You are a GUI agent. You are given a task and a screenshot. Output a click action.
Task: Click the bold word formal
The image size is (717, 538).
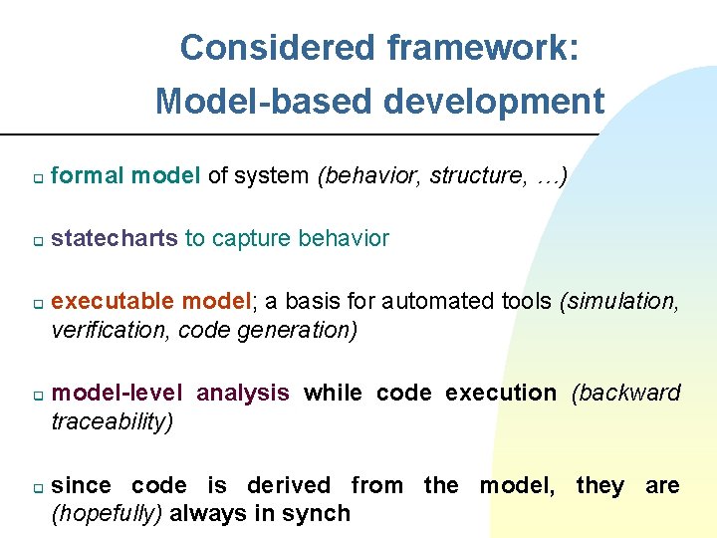coord(88,176)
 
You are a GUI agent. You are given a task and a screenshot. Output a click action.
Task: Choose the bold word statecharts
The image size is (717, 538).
coord(114,238)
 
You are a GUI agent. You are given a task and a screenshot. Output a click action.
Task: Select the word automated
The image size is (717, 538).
coord(437,301)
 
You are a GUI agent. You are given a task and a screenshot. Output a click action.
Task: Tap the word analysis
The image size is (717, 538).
coord(243,393)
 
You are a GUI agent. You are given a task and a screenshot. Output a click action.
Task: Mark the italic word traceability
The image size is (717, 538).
coord(112,421)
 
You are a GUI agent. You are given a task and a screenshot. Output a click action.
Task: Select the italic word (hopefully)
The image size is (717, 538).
coord(108,514)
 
